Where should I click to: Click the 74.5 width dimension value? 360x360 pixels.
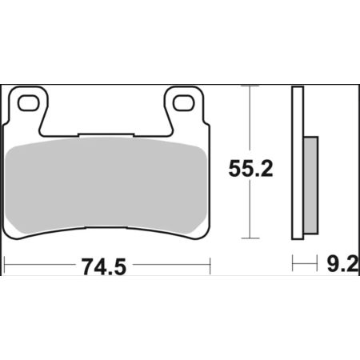(104, 266)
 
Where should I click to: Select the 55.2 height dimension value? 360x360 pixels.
(251, 169)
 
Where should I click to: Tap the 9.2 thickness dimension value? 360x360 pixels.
(343, 264)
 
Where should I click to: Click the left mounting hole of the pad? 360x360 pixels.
(28, 103)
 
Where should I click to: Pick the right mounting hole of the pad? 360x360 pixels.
(183, 103)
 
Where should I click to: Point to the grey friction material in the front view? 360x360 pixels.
(106, 186)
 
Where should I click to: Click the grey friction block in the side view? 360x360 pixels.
(311, 186)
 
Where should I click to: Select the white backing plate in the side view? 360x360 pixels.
(298, 162)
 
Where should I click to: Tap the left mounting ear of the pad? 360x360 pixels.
(29, 106)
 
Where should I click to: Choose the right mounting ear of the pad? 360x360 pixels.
(184, 106)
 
